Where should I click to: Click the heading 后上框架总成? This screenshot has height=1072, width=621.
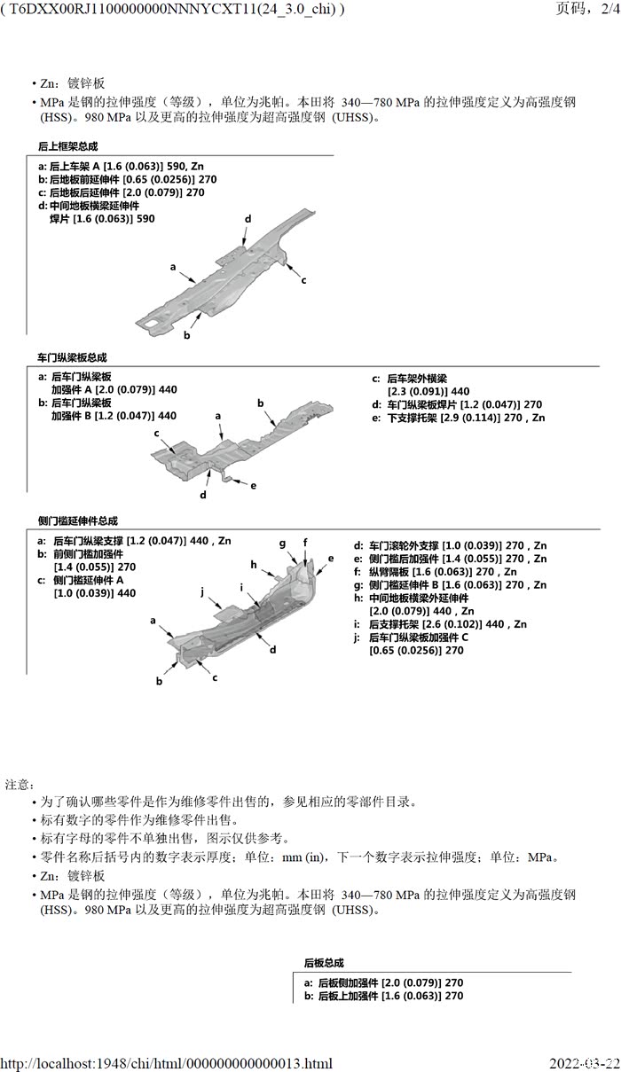[x=67, y=146]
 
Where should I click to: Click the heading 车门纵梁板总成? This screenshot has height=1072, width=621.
[x=72, y=357]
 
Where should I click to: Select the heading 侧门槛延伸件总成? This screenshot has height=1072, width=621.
[x=77, y=521]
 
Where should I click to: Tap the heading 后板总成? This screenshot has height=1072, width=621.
[x=324, y=963]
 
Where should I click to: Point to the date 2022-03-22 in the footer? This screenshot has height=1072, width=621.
[x=584, y=1063]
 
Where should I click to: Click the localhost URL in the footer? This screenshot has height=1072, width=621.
[x=167, y=1063]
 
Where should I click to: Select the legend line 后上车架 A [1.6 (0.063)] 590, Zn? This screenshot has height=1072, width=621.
[x=121, y=166]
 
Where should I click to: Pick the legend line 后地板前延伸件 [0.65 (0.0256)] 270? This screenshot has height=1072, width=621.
[x=127, y=179]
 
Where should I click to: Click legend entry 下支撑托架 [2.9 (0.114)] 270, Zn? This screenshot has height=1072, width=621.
[x=458, y=418]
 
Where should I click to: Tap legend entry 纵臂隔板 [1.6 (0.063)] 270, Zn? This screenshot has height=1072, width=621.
[x=435, y=572]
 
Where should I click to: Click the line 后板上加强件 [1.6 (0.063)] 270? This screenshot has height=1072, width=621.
[x=383, y=996]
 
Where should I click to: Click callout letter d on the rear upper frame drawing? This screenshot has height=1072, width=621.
[x=248, y=219]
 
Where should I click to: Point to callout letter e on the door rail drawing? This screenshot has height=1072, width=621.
[x=254, y=485]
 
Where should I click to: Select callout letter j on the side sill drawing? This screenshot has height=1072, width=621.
[x=202, y=591]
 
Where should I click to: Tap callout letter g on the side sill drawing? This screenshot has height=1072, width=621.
[x=282, y=543]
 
